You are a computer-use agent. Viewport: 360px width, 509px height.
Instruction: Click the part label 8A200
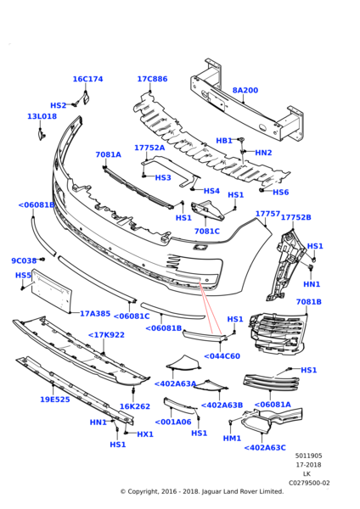click(x=245, y=90)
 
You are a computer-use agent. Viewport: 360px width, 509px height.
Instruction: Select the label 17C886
click(x=152, y=79)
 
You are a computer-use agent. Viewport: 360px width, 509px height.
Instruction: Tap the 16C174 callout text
click(x=87, y=79)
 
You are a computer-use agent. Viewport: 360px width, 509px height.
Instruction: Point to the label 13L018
click(x=42, y=116)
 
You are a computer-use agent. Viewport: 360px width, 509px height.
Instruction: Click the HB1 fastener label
click(x=224, y=141)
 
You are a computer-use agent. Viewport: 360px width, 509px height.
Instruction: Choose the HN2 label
click(x=263, y=153)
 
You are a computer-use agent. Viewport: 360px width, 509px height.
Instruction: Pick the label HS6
click(x=281, y=193)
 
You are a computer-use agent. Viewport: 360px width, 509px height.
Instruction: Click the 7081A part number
click(x=108, y=154)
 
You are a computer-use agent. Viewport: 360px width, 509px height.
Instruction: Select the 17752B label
click(x=295, y=217)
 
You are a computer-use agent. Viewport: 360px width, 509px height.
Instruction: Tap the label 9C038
click(x=24, y=260)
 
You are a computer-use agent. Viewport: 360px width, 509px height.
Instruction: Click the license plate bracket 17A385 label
click(x=95, y=314)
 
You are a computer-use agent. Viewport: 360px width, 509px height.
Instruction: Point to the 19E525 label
click(x=55, y=400)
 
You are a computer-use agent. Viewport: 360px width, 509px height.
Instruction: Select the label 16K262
click(x=135, y=406)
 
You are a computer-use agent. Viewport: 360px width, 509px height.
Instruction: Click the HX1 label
click(x=145, y=434)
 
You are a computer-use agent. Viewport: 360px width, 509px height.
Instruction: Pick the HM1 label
click(x=232, y=439)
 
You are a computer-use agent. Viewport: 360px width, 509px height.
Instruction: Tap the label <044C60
click(x=222, y=355)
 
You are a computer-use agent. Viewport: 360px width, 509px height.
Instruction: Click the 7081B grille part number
click(x=309, y=302)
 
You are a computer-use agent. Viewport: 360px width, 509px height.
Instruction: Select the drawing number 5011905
click(x=309, y=456)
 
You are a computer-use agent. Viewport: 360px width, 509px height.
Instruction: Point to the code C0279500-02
click(x=309, y=483)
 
